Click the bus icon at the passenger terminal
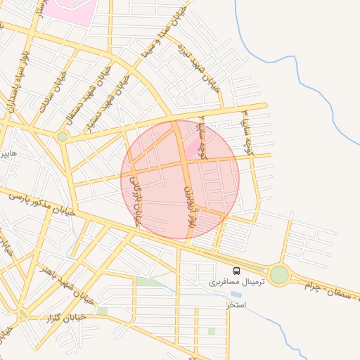tap(236, 271)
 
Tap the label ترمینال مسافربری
tap(235, 282)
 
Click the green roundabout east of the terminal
tap(279, 274)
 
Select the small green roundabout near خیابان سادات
tap(63, 136)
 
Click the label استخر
tap(237, 304)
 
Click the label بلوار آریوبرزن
tap(188, 205)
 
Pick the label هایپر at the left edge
tap(8, 153)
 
